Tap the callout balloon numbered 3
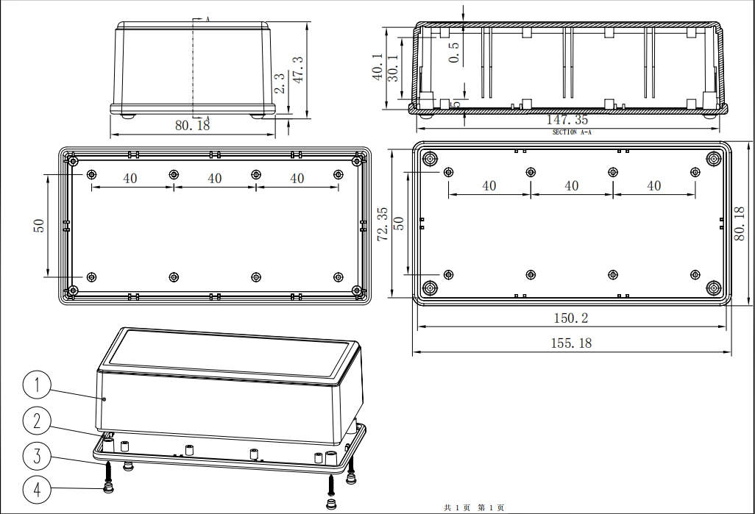(x=37, y=455)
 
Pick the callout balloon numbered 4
(x=37, y=490)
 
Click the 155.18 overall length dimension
(x=571, y=343)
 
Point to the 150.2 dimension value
(x=571, y=318)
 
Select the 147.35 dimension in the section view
(x=567, y=119)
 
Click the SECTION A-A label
(x=572, y=132)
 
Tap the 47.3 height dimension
(x=299, y=70)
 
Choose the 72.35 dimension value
(x=383, y=224)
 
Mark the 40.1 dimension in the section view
(x=378, y=66)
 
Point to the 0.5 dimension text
(x=454, y=52)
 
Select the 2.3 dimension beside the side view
(x=280, y=82)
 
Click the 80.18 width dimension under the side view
(x=193, y=125)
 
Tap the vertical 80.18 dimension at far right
(x=740, y=224)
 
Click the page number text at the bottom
(x=475, y=507)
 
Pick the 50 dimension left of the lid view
(x=39, y=226)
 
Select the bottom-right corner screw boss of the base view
(x=714, y=288)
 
